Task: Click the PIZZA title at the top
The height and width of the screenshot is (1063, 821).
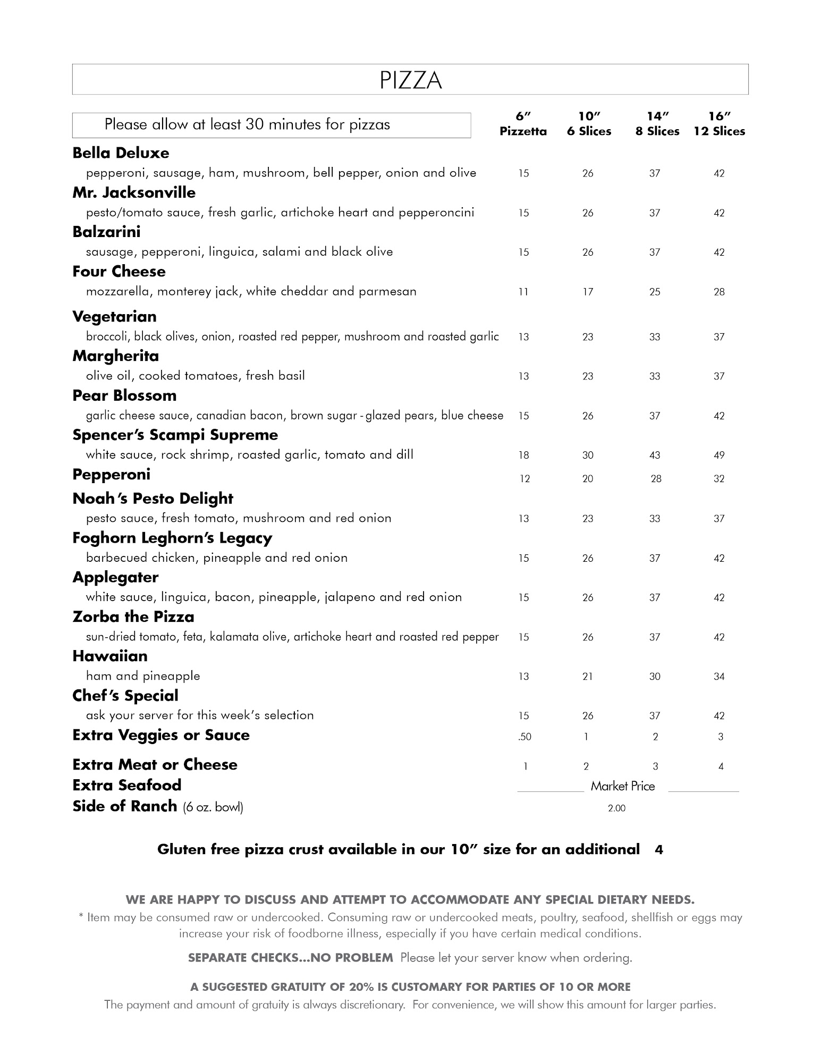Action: pyautogui.click(x=410, y=80)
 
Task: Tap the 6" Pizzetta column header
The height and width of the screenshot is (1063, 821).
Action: pyautogui.click(x=523, y=124)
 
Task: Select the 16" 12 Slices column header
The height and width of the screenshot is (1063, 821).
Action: pyautogui.click(x=719, y=124)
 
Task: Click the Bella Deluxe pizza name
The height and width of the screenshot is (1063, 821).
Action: pyautogui.click(x=121, y=153)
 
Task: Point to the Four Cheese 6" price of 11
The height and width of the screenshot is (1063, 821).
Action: pyautogui.click(x=523, y=292)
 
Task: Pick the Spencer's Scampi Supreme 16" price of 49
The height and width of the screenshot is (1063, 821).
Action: pyautogui.click(x=719, y=455)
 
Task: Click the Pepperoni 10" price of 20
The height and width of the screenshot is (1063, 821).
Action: pyautogui.click(x=587, y=479)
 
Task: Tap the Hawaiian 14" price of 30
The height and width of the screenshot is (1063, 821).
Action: pyautogui.click(x=655, y=677)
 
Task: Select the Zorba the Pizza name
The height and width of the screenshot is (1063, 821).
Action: pyautogui.click(x=133, y=617)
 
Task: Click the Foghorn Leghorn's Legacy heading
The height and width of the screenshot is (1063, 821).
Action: pyautogui.click(x=172, y=538)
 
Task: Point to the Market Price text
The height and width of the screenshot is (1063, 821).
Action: pyautogui.click(x=622, y=787)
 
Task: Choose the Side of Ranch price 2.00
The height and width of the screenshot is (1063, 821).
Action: pyautogui.click(x=616, y=808)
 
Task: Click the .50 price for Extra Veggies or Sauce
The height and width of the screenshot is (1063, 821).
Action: pyautogui.click(x=524, y=737)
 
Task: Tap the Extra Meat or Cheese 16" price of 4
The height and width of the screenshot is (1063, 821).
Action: pyautogui.click(x=721, y=766)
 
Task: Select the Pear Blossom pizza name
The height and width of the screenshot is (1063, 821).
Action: pyautogui.click(x=124, y=396)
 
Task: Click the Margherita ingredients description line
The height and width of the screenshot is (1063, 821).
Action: pyautogui.click(x=195, y=376)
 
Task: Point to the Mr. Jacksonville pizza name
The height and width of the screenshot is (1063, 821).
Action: pyautogui.click(x=134, y=192)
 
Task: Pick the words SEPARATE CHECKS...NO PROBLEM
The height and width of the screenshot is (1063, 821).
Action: pyautogui.click(x=290, y=958)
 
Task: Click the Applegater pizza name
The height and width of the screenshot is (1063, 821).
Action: pyautogui.click(x=115, y=578)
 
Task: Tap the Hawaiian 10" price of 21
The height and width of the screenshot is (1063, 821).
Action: pyautogui.click(x=587, y=677)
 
